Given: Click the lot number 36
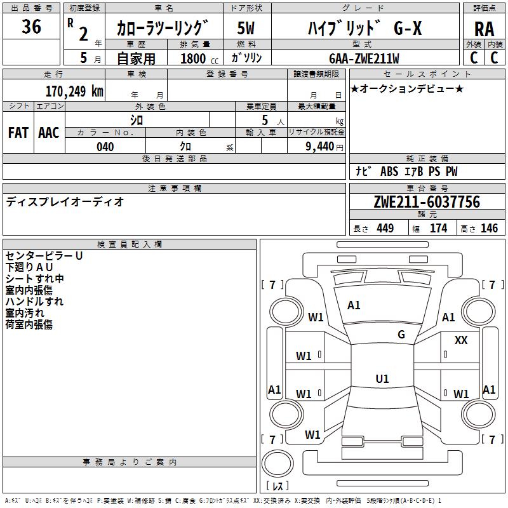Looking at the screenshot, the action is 31,26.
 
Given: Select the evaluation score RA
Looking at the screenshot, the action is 484,29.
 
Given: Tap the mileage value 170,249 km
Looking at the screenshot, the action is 74,91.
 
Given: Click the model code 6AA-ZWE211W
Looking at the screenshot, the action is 364,58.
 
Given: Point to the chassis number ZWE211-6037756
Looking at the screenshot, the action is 427,202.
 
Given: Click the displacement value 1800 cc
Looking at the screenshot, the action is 199,58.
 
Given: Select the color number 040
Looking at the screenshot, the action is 105,147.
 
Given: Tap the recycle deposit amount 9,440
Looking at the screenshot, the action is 320,147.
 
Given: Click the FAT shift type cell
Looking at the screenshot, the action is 18,133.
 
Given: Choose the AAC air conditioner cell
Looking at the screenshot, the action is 49,133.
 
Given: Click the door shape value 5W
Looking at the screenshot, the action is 246,28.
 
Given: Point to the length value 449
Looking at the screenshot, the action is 385,228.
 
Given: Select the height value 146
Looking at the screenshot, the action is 489,228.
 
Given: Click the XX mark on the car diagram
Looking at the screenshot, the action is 461,340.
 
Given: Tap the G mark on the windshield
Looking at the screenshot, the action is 401,335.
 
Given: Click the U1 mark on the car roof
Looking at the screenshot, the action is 382,378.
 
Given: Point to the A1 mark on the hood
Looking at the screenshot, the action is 354,305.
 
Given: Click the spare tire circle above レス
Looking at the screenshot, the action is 277,464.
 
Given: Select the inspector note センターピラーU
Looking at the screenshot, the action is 44,256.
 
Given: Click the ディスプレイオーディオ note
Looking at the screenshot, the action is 65,202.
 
